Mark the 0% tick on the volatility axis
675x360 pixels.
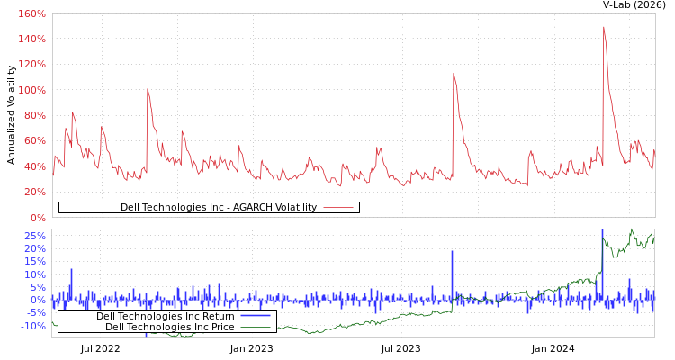37,217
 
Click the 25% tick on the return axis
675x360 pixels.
34,236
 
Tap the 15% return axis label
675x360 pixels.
34,261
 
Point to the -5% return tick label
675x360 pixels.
34,313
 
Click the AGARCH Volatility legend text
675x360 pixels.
219,207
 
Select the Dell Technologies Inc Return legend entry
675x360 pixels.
165,316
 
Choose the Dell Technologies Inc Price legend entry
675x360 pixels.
169,327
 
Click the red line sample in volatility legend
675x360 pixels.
337,207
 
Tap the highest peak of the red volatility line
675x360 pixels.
603,27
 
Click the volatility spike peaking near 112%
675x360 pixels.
453,74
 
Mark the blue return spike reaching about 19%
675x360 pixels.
452,252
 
